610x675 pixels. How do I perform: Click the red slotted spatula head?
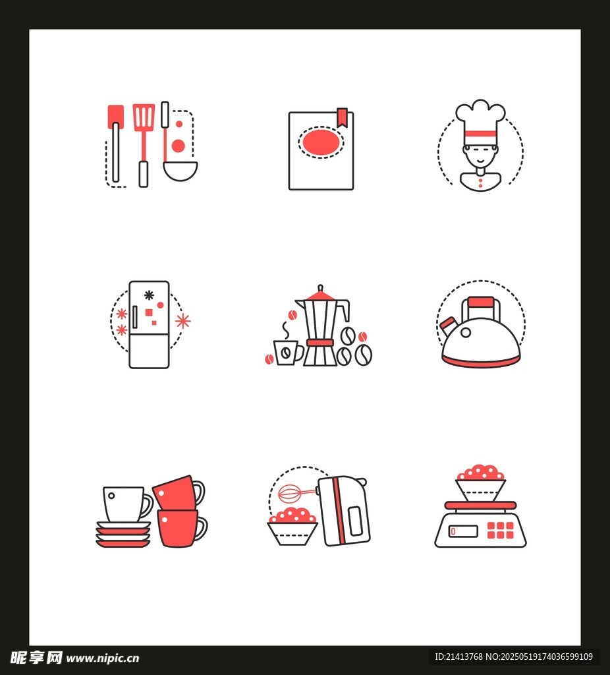[x=144, y=116]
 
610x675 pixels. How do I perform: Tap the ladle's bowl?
[x=180, y=171]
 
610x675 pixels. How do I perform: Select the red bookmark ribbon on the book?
[x=342, y=117]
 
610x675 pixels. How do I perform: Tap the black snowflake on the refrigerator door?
[x=149, y=295]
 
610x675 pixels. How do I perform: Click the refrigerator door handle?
[x=134, y=317]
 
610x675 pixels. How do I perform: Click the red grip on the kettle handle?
[x=481, y=302]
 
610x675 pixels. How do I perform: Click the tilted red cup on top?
[x=179, y=493]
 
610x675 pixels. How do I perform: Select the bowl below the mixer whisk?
[x=292, y=533]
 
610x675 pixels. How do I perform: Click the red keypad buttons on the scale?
[x=500, y=531]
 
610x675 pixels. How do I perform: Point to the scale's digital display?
[x=463, y=531]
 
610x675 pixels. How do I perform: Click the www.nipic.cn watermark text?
[x=102, y=659]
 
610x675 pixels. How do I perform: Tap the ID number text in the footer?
[x=458, y=657]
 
